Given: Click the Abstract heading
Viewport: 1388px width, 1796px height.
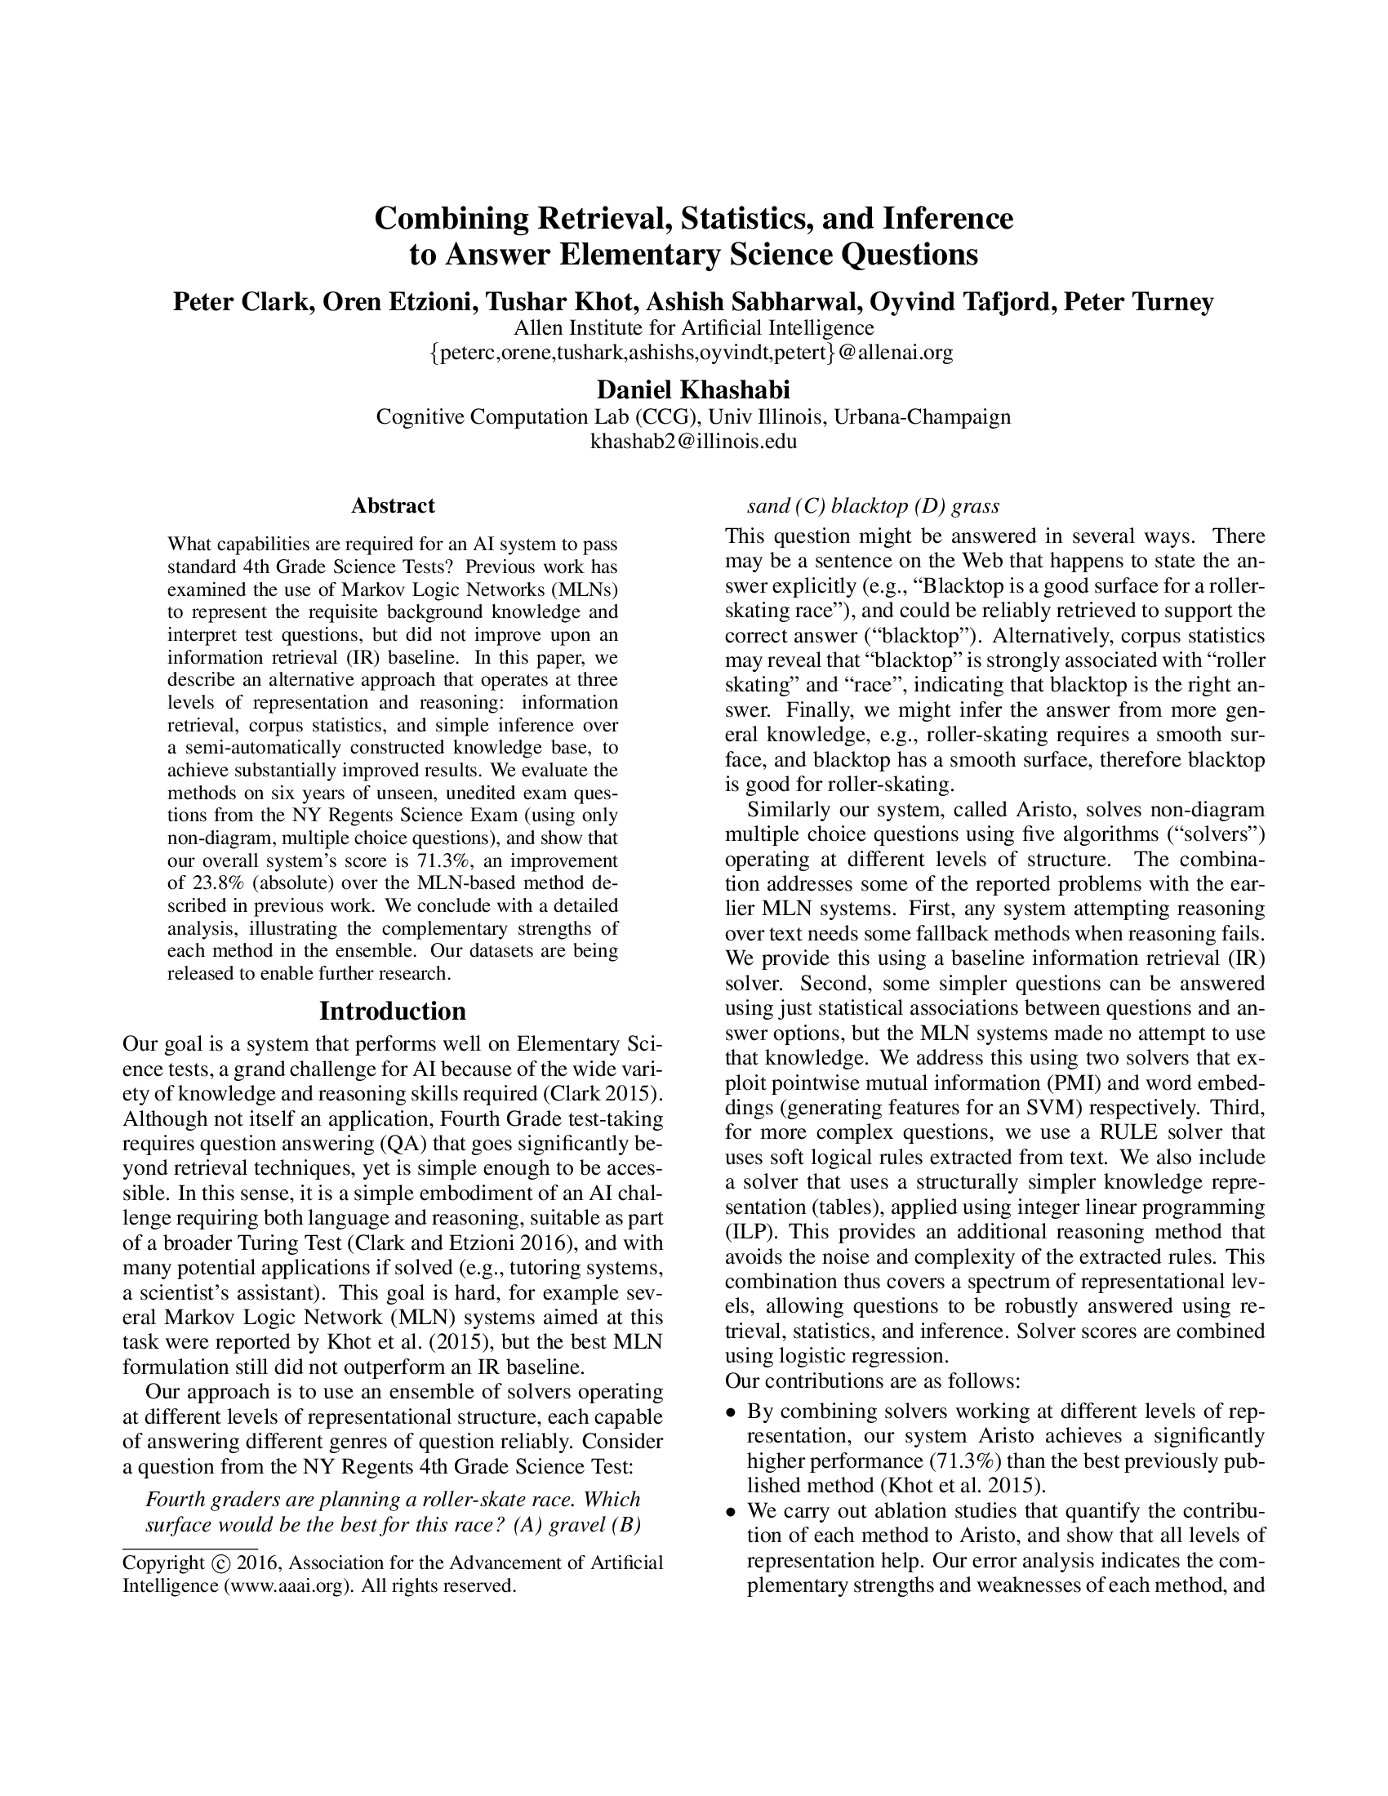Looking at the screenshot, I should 392,505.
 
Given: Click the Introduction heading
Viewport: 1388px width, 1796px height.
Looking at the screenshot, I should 392,1010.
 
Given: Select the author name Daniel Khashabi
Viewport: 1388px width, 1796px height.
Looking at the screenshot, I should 693,389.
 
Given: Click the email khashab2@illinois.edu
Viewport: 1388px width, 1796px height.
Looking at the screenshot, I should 693,441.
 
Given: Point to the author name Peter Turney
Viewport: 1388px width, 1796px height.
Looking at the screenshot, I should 1138,302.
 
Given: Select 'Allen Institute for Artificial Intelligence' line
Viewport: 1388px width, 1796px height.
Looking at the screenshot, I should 693,328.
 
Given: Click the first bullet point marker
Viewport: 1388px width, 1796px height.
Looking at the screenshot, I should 730,1413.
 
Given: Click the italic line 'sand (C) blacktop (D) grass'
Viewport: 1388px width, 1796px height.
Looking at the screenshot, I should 873,505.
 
